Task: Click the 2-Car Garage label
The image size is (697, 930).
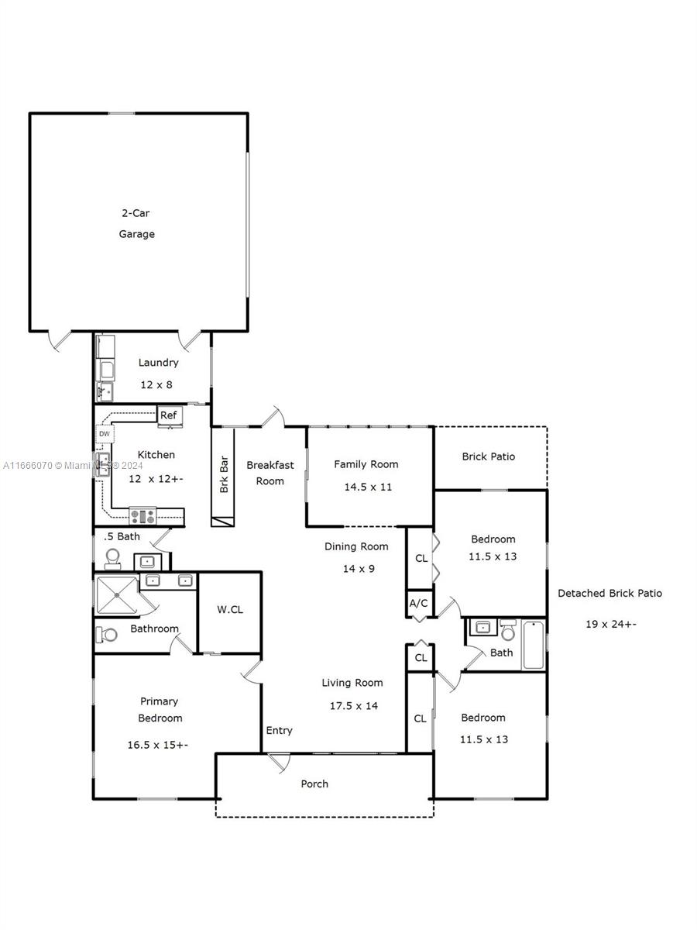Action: click(x=136, y=223)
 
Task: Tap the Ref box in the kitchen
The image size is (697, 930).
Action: click(x=170, y=415)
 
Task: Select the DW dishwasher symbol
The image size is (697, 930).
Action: click(x=105, y=434)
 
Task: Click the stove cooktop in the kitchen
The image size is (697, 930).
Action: click(x=142, y=516)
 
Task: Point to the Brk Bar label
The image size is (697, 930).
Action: click(x=224, y=474)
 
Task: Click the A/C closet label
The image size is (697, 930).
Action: click(x=418, y=603)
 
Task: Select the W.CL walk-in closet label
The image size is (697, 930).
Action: click(x=230, y=610)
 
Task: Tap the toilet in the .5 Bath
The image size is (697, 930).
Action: click(x=112, y=560)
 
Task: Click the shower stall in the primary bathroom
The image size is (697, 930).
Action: click(x=117, y=595)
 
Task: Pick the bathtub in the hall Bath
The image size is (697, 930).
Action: click(x=534, y=645)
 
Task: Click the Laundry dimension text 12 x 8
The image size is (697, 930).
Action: click(x=156, y=384)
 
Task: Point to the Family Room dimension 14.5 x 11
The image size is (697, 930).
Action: click(x=368, y=487)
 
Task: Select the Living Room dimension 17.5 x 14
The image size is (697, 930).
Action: click(x=354, y=706)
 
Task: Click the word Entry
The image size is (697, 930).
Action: click(x=280, y=731)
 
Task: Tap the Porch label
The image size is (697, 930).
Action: click(x=314, y=784)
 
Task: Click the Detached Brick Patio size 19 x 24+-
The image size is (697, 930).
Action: click(x=611, y=624)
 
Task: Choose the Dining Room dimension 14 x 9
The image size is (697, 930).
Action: click(x=359, y=569)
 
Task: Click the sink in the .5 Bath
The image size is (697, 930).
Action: click(x=147, y=562)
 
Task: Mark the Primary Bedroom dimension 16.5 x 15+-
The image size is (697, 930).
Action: click(x=158, y=745)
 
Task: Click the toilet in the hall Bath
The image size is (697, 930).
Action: click(x=508, y=631)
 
